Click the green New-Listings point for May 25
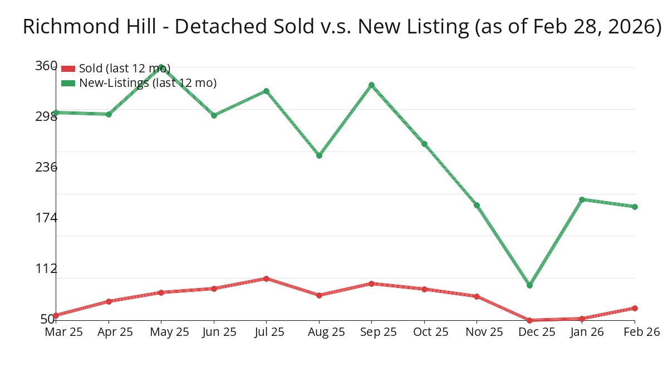pyautogui.click(x=161, y=67)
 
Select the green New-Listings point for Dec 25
pyautogui.click(x=529, y=285)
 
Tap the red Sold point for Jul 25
pyautogui.click(x=266, y=279)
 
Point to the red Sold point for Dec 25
pyautogui.click(x=529, y=320)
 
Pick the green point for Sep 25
pyautogui.click(x=371, y=85)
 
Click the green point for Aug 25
pyautogui.click(x=319, y=155)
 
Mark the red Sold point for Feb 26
pyautogui.click(x=635, y=308)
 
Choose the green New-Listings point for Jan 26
pyautogui.click(x=582, y=199)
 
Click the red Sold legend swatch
pyautogui.click(x=68, y=69)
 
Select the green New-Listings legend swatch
pyautogui.click(x=68, y=83)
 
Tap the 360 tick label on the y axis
pyautogui.click(x=46, y=66)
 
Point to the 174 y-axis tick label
pyautogui.click(x=46, y=218)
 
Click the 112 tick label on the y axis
pyautogui.click(x=46, y=268)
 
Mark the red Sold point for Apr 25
pyautogui.click(x=109, y=301)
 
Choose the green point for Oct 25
pyautogui.click(x=424, y=144)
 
